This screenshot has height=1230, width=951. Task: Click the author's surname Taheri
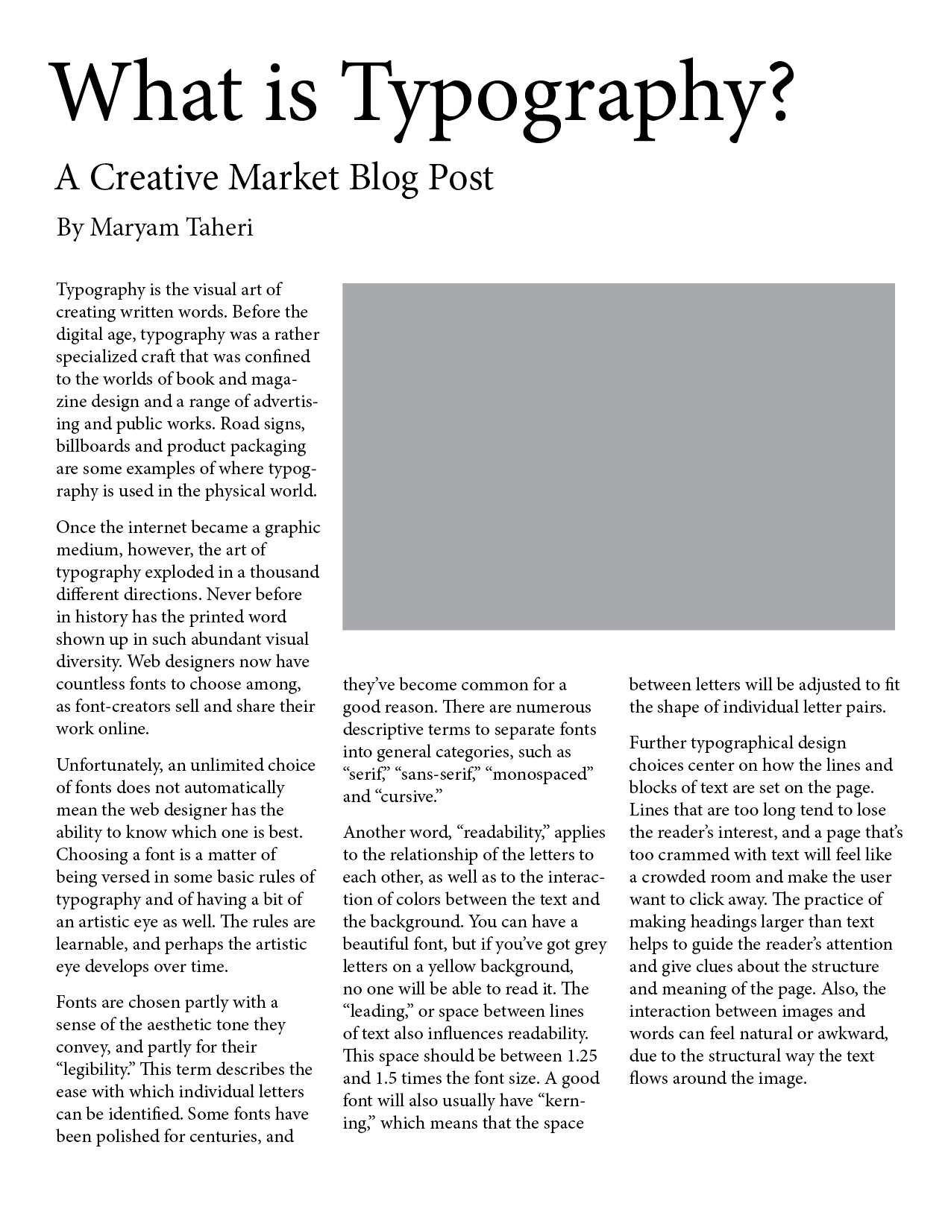coord(221,227)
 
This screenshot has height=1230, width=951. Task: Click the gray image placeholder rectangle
coord(618,456)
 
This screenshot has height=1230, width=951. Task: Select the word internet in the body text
coord(157,528)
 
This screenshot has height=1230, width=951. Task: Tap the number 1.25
coord(577,1056)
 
